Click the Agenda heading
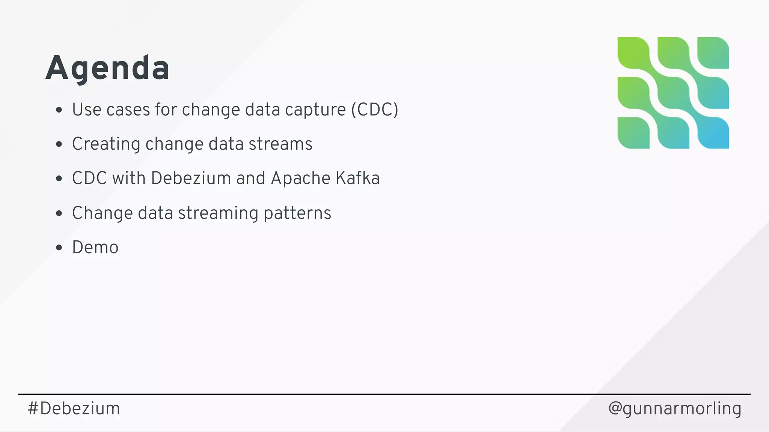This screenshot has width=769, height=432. coord(107,68)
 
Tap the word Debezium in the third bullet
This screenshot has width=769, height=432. coord(191,178)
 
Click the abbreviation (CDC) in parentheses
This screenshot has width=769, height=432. coord(374,110)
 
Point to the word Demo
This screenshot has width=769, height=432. coord(95,247)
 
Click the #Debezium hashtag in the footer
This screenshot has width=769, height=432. coord(74,408)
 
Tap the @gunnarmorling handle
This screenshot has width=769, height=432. coord(675,408)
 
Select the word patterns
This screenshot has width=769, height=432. coord(297,213)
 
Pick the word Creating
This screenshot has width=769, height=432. coord(106,144)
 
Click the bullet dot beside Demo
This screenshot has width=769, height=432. coord(59,247)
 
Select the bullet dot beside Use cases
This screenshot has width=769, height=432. coord(59,110)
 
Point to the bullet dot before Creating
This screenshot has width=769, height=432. coord(59,144)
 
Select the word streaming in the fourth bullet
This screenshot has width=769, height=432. coord(218,213)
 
